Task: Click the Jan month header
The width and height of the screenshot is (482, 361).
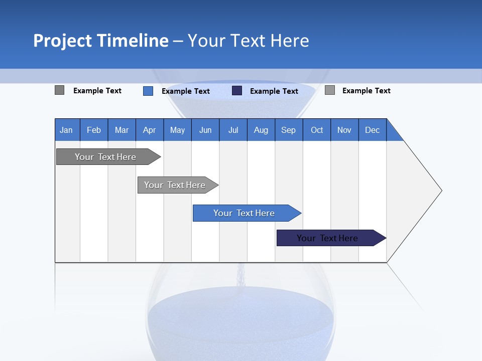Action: [x=67, y=130]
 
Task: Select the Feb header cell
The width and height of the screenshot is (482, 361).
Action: [x=94, y=130]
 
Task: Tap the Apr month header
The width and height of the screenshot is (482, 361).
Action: [x=150, y=130]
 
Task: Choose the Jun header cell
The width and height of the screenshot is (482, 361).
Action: [x=205, y=130]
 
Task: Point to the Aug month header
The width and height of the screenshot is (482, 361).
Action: [x=261, y=130]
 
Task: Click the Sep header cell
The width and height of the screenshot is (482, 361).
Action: [x=289, y=130]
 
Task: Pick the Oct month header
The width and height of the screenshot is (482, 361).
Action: [x=317, y=130]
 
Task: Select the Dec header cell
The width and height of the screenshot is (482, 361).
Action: [x=373, y=130]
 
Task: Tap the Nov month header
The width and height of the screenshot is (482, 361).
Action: [x=344, y=130]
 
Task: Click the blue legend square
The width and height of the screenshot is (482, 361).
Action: [x=148, y=91]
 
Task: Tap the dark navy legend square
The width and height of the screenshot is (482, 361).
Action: [x=237, y=91]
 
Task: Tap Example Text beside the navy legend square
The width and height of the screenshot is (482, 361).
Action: [x=274, y=91]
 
